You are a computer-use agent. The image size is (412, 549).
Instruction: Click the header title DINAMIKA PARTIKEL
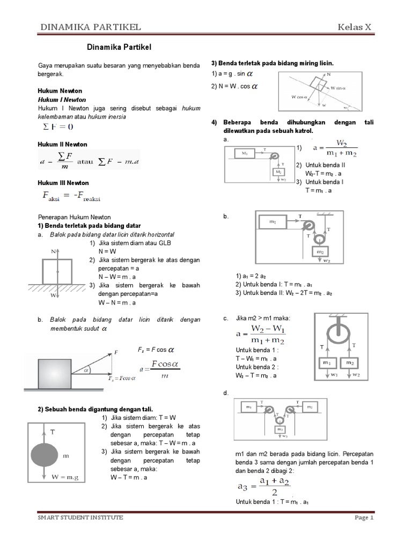[x=91, y=27]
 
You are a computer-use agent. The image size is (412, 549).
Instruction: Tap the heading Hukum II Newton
[x=62, y=144]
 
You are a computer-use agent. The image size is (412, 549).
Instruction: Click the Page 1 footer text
[x=363, y=518]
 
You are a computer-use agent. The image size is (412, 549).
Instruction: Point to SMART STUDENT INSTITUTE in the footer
[x=80, y=517]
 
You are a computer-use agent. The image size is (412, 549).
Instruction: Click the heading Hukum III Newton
[x=63, y=183]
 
